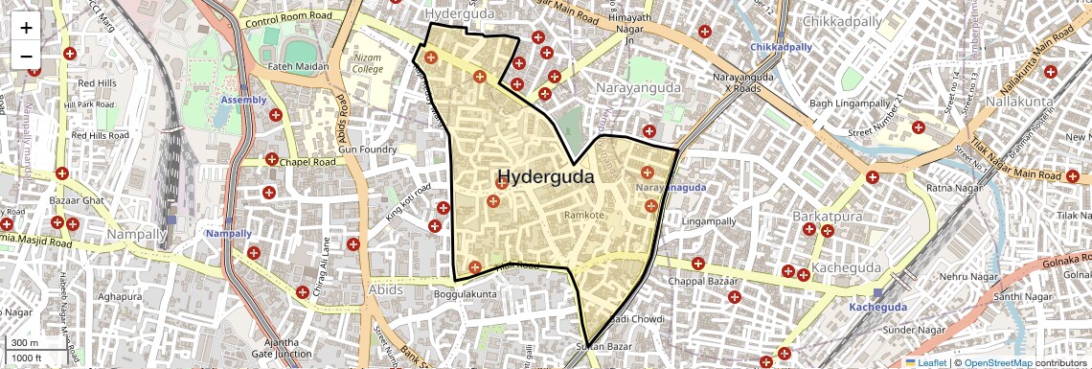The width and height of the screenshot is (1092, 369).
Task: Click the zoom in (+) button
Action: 26,28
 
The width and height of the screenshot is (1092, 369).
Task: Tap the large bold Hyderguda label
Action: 545,177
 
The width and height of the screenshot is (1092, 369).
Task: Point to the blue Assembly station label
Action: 243,100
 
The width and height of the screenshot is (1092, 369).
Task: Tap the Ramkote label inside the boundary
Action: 584,216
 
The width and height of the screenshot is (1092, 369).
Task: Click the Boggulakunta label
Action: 466,293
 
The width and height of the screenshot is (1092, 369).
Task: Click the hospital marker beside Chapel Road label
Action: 272,160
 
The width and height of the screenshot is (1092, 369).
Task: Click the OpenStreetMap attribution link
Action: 997,362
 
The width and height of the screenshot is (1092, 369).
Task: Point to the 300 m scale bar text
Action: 26,343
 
